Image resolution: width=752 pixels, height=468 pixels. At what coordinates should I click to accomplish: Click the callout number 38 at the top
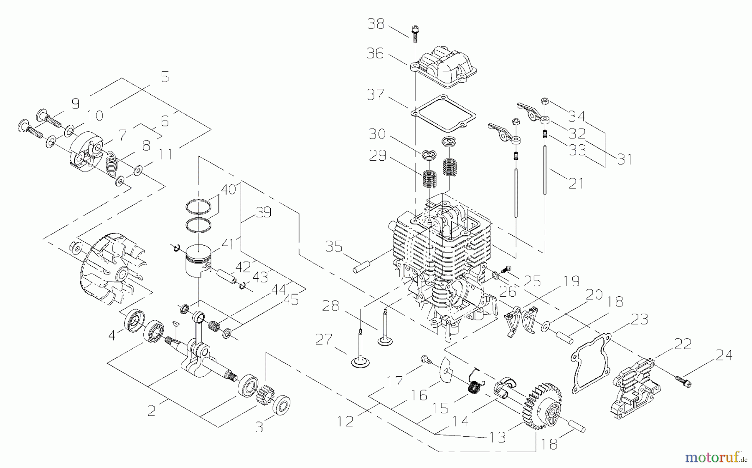376,24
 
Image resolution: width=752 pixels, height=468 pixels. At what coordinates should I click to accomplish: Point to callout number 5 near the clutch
165,78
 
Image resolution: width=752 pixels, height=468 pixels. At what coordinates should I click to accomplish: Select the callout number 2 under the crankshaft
151,411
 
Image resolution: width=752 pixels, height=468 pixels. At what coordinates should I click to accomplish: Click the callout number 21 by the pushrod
575,183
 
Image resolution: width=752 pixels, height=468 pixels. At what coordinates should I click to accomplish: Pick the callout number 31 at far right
624,159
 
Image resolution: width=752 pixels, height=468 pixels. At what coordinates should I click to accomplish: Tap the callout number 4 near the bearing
112,335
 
